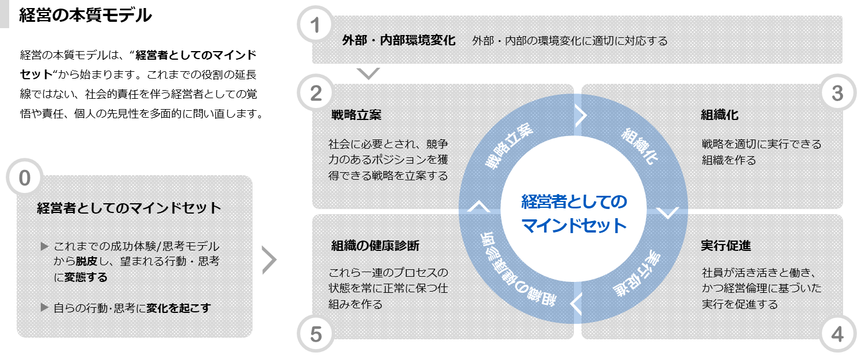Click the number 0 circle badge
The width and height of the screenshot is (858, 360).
[x=24, y=178]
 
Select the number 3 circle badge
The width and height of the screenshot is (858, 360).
[x=837, y=94]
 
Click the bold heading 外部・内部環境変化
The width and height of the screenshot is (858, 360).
[x=399, y=41]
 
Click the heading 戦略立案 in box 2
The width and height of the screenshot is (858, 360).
[x=356, y=115]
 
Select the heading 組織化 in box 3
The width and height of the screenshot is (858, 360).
[x=720, y=115]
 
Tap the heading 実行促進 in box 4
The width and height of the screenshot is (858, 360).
[x=726, y=246]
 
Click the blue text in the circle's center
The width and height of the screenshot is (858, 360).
[x=574, y=214]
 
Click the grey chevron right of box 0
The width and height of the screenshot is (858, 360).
[x=269, y=260]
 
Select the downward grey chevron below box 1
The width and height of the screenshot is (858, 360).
[x=368, y=73]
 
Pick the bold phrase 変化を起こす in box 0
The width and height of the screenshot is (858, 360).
[x=178, y=308]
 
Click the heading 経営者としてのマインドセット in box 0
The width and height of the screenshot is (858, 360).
[x=129, y=208]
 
